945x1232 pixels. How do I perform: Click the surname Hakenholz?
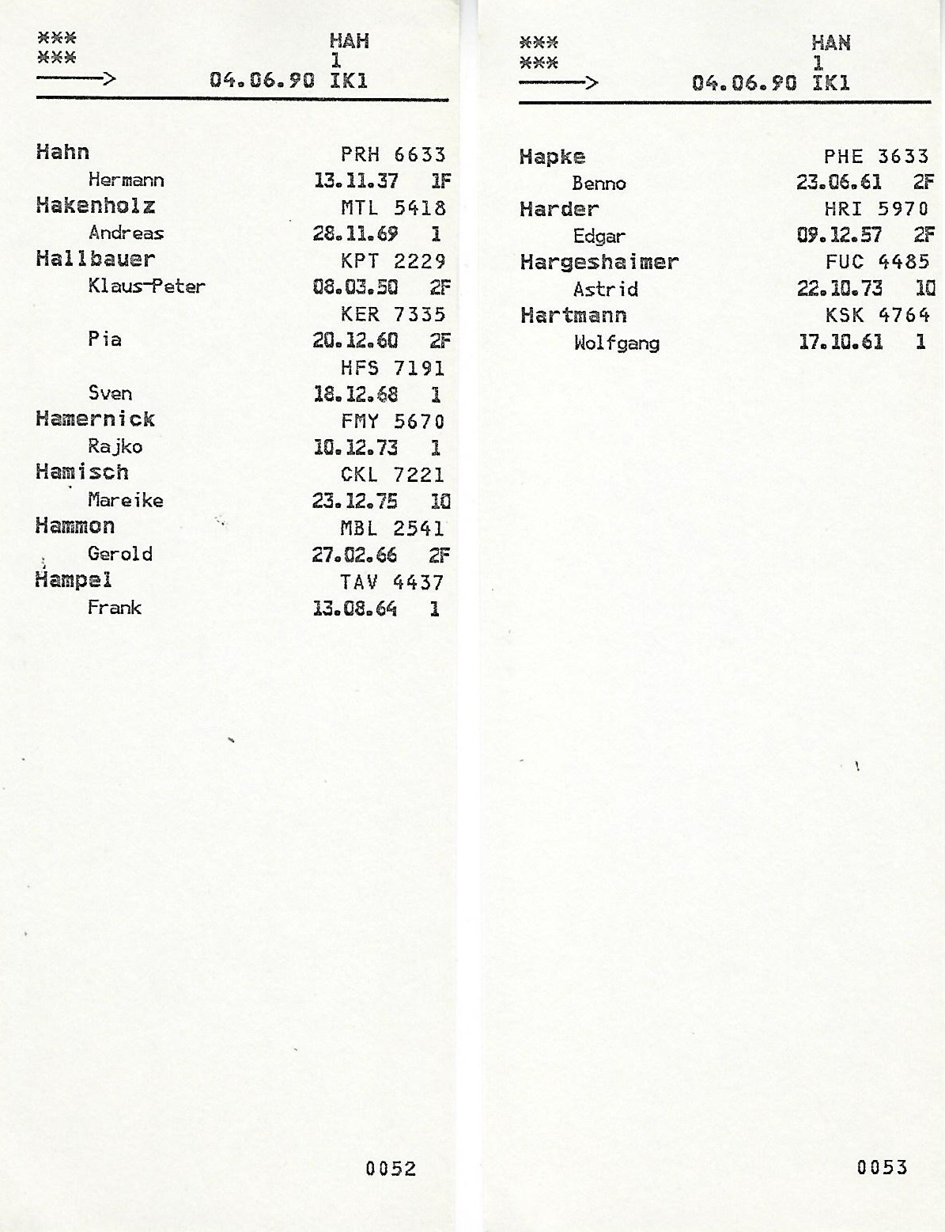point(95,207)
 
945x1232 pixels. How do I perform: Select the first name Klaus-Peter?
point(146,286)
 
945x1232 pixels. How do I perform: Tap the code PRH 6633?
point(393,154)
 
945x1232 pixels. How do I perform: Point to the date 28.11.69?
point(355,234)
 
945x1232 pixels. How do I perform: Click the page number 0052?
point(391,1168)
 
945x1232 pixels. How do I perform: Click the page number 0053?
point(882,1166)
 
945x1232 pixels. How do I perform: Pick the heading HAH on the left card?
point(349,41)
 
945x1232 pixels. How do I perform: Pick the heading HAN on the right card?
point(830,44)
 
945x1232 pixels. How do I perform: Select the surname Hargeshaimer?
point(599,263)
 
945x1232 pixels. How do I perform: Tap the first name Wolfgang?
point(616,343)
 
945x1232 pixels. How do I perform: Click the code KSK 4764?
point(877,316)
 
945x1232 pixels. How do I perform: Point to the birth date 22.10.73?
point(839,289)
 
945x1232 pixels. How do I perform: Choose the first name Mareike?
point(125,500)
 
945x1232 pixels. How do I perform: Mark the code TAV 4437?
point(392,582)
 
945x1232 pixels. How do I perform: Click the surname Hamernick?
point(95,419)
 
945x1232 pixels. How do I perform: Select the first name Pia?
point(104,339)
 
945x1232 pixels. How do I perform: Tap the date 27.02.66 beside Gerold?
point(354,555)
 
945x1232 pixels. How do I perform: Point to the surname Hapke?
point(552,157)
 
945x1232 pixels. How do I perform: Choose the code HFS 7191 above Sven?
point(392,368)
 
